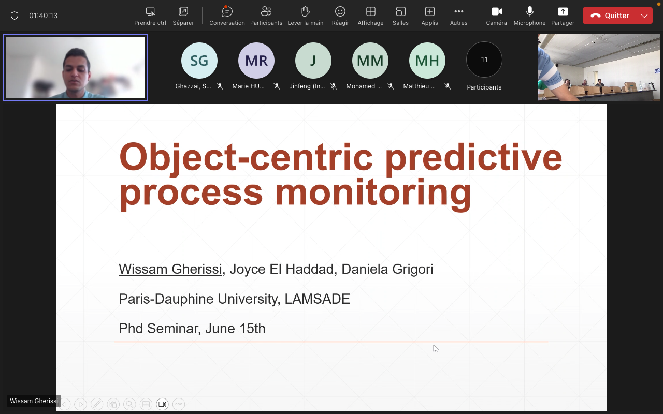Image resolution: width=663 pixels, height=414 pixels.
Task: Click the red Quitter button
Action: click(609, 16)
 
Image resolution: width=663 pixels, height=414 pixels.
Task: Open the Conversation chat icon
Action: click(227, 11)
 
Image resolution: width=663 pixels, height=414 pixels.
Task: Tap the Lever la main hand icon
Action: click(306, 11)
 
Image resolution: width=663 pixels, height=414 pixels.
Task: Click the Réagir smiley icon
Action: click(340, 11)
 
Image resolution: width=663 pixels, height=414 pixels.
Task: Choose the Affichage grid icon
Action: click(370, 11)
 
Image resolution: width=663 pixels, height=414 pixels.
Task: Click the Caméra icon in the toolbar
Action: click(496, 11)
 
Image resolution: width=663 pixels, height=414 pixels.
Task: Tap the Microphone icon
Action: click(530, 11)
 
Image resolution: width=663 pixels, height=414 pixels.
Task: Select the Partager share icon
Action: click(563, 11)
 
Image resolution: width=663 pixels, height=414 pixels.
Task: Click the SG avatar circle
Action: click(199, 61)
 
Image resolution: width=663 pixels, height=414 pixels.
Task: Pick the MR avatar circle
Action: click(256, 61)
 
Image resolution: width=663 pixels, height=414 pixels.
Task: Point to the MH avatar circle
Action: click(427, 61)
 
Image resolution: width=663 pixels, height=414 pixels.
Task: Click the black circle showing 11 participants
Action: click(484, 60)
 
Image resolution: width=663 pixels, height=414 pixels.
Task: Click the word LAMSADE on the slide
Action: click(318, 299)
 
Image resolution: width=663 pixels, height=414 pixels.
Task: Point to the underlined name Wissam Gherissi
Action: click(170, 269)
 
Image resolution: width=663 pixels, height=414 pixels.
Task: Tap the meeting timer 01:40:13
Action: click(43, 16)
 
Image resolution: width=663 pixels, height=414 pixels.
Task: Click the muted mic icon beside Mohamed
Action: click(391, 86)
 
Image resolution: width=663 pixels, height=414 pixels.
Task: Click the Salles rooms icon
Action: click(400, 11)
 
